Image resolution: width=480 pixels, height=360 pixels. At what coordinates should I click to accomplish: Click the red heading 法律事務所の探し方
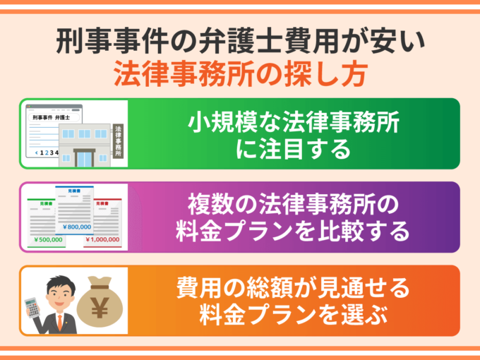tap(239, 74)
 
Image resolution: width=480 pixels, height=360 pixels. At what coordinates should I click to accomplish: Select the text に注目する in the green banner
tap(293, 149)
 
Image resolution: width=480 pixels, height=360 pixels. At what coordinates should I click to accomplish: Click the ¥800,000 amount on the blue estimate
tap(78, 227)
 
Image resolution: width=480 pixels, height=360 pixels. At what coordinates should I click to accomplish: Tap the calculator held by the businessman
tap(32, 306)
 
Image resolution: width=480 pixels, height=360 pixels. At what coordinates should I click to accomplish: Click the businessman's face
tap(56, 291)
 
